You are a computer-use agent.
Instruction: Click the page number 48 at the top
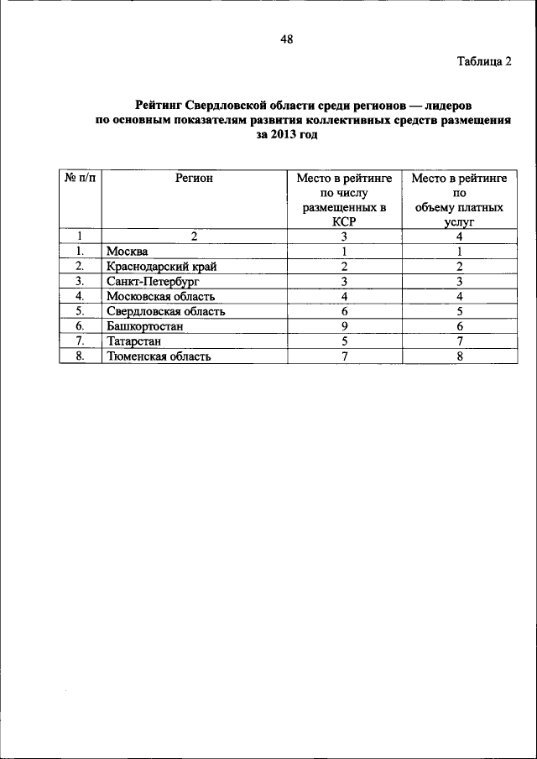[287, 39]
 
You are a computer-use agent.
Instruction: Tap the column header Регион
[194, 178]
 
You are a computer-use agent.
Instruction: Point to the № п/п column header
[80, 178]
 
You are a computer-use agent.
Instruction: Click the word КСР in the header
[344, 222]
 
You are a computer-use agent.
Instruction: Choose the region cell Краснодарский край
[161, 267]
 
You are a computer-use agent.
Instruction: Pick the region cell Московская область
[160, 296]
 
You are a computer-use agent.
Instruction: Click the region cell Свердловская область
[165, 311]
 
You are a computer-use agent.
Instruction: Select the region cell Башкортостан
[145, 326]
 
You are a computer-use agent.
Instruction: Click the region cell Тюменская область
[158, 356]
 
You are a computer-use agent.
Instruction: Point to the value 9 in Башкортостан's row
[344, 326]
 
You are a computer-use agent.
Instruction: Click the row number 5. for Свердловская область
[80, 311]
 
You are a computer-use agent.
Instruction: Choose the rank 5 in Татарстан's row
[344, 341]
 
